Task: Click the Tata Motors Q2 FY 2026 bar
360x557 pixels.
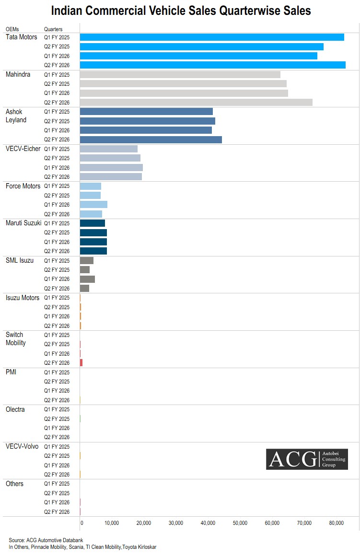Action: (x=212, y=65)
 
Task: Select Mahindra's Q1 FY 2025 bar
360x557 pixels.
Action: (x=180, y=74)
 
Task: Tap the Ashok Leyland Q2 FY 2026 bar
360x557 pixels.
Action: (x=151, y=139)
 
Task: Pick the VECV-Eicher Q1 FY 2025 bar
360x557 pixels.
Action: (x=108, y=149)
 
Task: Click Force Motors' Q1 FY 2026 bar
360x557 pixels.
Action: (x=93, y=205)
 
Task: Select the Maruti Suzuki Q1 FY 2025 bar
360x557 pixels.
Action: (x=92, y=223)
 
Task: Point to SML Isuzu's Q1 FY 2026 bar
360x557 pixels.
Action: (x=87, y=279)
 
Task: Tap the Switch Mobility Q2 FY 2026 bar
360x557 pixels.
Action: (x=81, y=363)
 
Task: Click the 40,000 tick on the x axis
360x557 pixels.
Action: (x=208, y=523)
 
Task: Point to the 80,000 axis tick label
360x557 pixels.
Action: (x=337, y=523)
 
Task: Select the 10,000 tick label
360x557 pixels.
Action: (x=112, y=523)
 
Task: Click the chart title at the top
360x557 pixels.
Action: (x=181, y=11)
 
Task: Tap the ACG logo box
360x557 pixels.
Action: (x=307, y=459)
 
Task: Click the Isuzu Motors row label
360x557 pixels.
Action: (x=23, y=298)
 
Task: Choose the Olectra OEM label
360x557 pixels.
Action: (x=15, y=409)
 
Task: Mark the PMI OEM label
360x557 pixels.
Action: (x=11, y=372)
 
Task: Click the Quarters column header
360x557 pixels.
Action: (x=53, y=29)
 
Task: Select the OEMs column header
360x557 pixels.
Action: (x=12, y=29)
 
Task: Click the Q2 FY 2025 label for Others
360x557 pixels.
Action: (x=57, y=493)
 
